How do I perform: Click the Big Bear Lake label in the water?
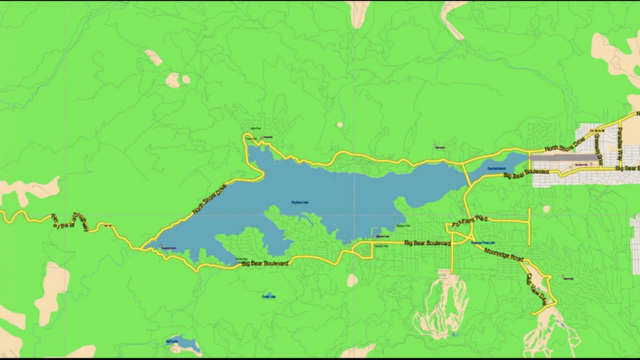click(x=299, y=202)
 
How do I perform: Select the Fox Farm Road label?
click(x=469, y=221)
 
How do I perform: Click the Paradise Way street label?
click(x=620, y=145)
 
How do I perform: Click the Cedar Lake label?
click(x=269, y=296)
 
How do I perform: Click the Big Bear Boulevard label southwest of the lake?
click(x=264, y=263)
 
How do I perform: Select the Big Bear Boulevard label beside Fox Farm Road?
click(x=427, y=243)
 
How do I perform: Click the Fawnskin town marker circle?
click(x=261, y=137)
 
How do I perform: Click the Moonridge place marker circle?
click(x=563, y=275)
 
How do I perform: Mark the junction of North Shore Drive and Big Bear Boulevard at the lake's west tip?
click(x=142, y=247)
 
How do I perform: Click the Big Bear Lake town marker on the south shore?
click(x=372, y=237)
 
